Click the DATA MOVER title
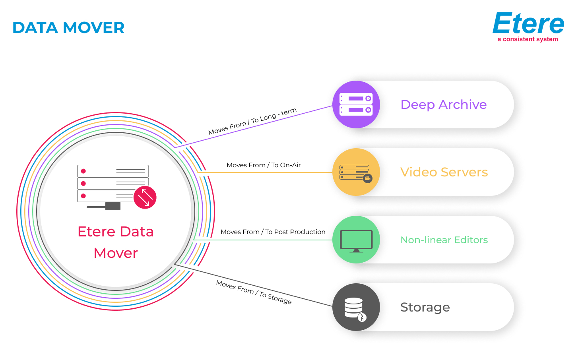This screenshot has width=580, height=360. pos(68,28)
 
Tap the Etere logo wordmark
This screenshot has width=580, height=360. pos(528,23)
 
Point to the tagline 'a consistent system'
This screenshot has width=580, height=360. pos(528,39)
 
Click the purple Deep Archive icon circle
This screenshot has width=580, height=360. pos(356,105)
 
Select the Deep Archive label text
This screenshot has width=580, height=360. pos(443,105)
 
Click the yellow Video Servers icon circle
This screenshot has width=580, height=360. pos(356,172)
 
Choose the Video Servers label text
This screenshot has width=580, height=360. pos(444,172)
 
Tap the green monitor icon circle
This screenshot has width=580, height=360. pos(356,240)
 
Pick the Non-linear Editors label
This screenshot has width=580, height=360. pos(444,240)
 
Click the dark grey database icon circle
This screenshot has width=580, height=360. pos(356,307)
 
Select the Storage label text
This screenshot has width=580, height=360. pos(425,307)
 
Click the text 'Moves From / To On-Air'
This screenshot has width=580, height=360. pos(264,165)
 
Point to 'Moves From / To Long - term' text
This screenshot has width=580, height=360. pos(252,121)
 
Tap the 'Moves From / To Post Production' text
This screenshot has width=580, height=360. pos(273,232)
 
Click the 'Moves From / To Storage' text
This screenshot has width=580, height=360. pos(254,292)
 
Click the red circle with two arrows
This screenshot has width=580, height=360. pos(145,197)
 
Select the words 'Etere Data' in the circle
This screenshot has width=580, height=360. pos(116,232)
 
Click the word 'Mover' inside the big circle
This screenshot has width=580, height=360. pos(116,253)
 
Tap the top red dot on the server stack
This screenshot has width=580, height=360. pos(83,171)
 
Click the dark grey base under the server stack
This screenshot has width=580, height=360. pos(113,206)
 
